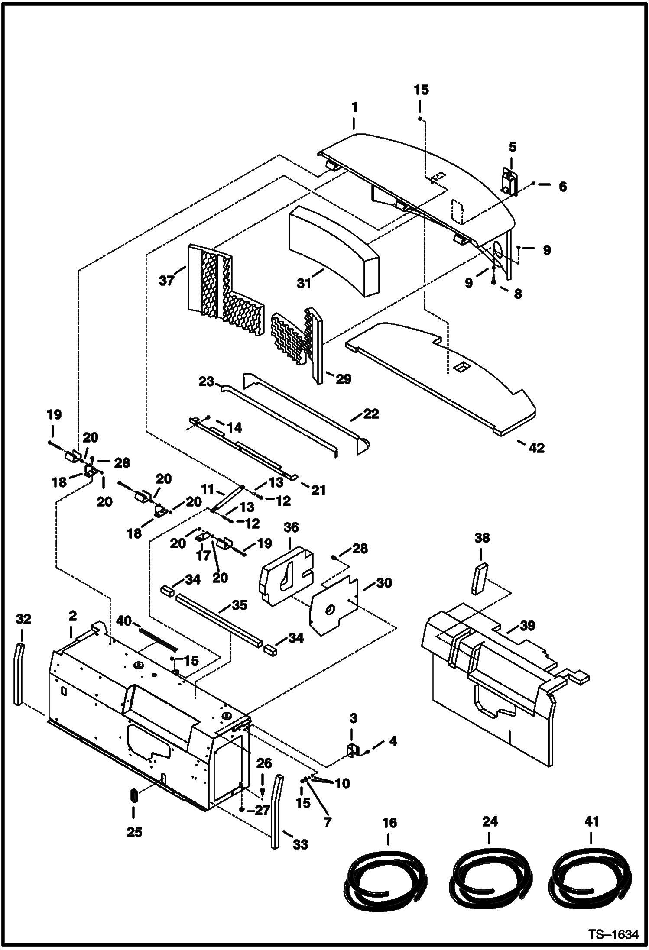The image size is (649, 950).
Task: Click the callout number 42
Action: click(536, 448)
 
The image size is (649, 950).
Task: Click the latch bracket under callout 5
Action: click(510, 181)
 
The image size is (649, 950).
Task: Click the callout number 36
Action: click(291, 527)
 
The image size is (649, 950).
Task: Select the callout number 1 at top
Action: click(354, 107)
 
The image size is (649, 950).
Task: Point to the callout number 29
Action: click(344, 379)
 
